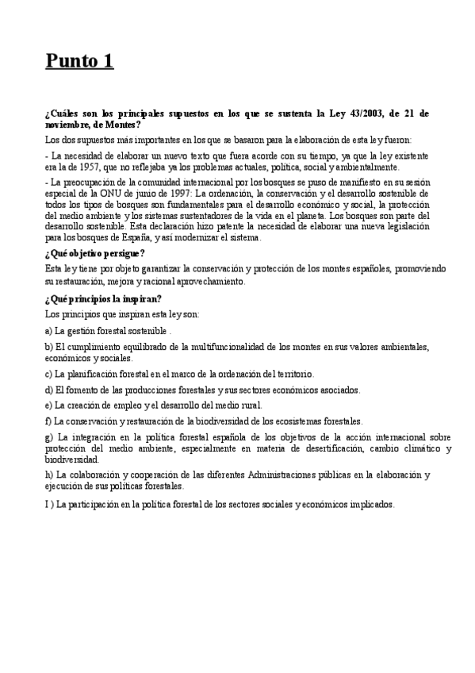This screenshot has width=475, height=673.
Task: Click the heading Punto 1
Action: [79, 60]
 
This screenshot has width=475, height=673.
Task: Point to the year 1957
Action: [95, 167]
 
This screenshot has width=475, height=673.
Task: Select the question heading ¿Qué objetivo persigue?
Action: [95, 253]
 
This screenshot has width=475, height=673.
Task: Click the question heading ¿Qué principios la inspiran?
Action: [104, 298]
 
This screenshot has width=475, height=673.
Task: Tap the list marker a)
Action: [49, 329]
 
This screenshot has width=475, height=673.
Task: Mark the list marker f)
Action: [48, 421]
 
